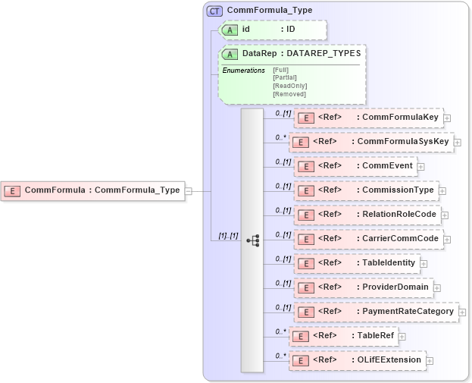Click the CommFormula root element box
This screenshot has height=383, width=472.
[93, 190]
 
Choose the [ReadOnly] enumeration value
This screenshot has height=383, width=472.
[289, 86]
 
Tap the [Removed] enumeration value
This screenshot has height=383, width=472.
[289, 94]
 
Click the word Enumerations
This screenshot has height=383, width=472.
[243, 71]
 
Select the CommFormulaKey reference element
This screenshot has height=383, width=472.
[368, 118]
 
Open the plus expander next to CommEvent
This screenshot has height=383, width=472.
[420, 167]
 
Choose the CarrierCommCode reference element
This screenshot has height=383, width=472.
[368, 239]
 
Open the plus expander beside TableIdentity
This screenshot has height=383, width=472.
[424, 264]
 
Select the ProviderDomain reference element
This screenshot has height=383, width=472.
[363, 287]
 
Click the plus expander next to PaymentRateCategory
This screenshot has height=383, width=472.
[462, 312]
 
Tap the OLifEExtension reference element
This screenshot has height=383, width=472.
[357, 359]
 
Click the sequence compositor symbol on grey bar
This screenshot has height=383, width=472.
[252, 240]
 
